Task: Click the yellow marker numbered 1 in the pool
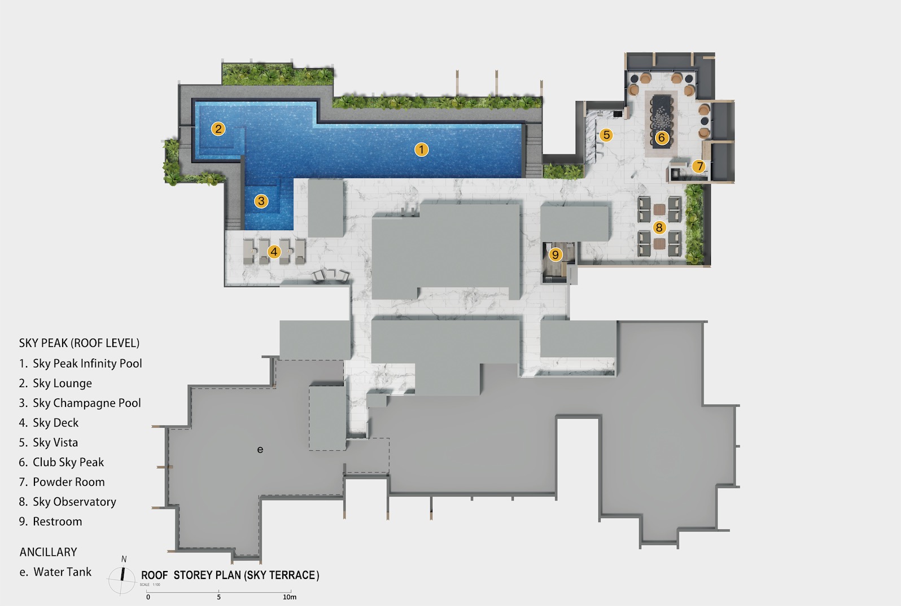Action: point(421,150)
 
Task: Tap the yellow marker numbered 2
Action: point(218,129)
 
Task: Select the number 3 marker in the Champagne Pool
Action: point(261,201)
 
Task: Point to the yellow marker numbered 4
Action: point(274,252)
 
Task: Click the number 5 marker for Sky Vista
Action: point(606,135)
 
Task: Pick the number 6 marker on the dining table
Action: point(661,138)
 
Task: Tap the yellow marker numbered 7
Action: point(699,166)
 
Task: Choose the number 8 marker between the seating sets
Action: point(659,227)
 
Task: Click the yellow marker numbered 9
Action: point(556,255)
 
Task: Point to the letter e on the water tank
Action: point(260,450)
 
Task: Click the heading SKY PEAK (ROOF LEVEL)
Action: point(79,343)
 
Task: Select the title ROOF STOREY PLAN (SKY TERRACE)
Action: point(230,576)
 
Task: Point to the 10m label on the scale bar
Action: point(290,597)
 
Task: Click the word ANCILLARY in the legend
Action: point(49,552)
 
